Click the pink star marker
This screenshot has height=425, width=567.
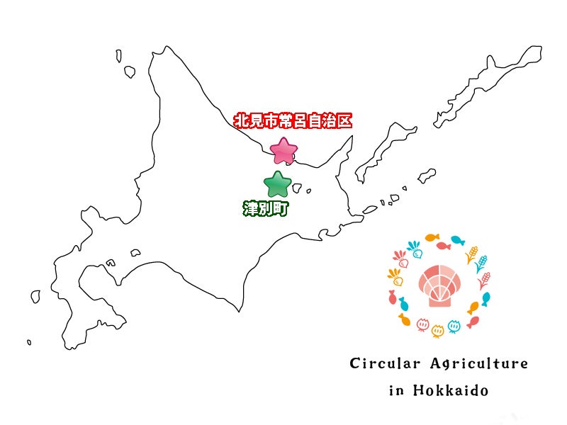[284, 151]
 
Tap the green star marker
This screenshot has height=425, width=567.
[277, 185]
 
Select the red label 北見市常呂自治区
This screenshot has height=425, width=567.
[293, 120]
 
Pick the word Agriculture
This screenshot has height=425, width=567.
[479, 364]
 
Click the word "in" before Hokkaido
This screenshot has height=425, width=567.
[395, 390]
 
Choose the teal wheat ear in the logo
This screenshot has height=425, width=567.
[481, 264]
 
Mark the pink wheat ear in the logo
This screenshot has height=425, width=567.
[485, 280]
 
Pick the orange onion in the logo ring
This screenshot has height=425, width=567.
[438, 329]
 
